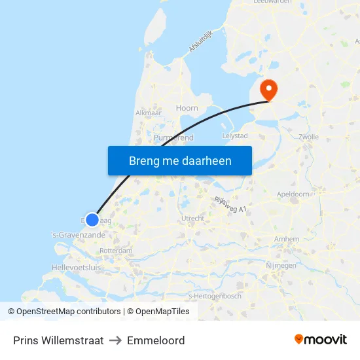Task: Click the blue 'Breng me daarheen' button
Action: point(180,160)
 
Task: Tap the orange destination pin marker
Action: point(268,90)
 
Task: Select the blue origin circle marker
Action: point(92,221)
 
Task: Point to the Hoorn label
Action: point(187,108)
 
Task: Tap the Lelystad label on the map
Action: point(235,135)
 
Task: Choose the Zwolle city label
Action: point(308,137)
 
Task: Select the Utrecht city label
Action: point(193,219)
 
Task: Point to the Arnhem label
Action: point(287,240)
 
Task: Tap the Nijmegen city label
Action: point(281,265)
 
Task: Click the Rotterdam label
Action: point(117,250)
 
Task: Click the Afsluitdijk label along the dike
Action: point(202,41)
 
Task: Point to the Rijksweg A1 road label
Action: point(230,204)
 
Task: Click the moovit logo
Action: point(321,340)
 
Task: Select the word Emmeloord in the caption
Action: point(156,340)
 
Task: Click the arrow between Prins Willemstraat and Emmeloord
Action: point(116,340)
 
